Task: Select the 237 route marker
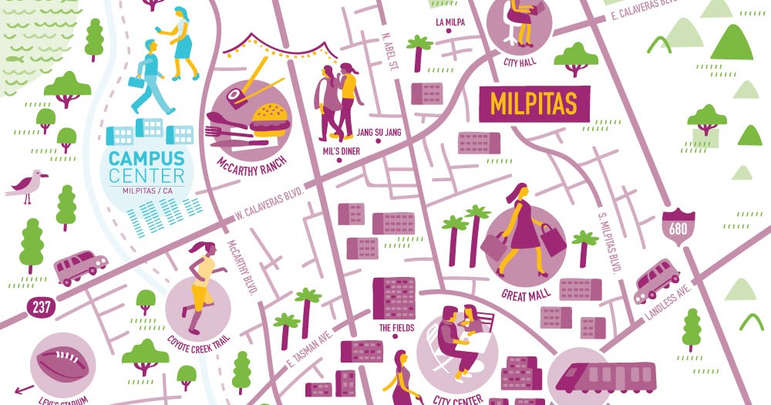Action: coord(40,307)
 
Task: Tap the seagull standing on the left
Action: coord(28,185)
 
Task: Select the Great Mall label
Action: coord(524,294)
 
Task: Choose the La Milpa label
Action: coord(450,22)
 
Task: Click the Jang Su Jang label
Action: coord(379,133)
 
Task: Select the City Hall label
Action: coord(520,62)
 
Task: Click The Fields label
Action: coord(396,328)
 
